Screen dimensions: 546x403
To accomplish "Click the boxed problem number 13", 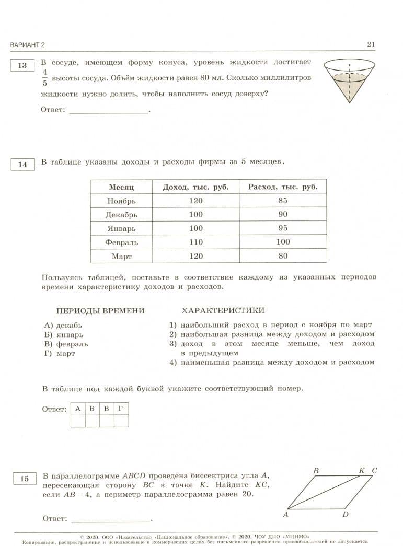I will pos(22,66).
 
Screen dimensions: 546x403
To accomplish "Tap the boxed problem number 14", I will pos(22,165).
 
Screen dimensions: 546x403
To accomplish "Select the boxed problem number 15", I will pos(24,479).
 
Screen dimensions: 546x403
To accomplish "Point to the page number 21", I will pos(371,44).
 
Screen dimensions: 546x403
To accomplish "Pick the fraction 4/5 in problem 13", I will pos(45,77).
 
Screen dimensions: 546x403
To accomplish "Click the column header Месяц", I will pos(121,187).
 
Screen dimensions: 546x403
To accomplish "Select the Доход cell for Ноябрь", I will pos(195,201).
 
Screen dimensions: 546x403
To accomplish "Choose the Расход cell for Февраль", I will pos(283,242).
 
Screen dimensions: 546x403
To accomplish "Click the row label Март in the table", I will pos(121,257).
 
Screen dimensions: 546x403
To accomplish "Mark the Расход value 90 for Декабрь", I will pos(283,214).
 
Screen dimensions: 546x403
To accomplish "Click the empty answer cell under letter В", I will pos(106,421).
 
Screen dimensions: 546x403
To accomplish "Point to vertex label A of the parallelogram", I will pos(286,515).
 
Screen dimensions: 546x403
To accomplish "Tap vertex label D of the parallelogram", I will pos(346,515).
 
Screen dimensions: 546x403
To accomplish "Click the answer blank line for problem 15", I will pos(110,520).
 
